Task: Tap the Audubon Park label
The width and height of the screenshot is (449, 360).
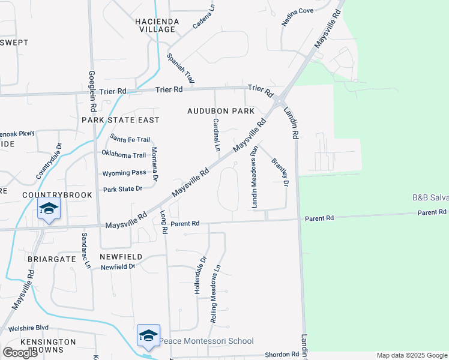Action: click(x=221, y=111)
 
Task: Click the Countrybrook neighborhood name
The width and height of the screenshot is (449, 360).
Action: click(x=57, y=195)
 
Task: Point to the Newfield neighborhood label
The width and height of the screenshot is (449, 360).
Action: click(x=121, y=257)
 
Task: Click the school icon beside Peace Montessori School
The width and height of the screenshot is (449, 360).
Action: click(x=148, y=335)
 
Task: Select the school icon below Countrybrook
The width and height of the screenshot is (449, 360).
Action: click(x=49, y=208)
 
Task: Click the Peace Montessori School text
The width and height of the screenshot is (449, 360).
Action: click(x=206, y=341)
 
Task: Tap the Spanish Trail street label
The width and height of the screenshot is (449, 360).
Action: click(x=181, y=68)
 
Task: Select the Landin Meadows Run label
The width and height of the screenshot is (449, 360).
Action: click(x=255, y=177)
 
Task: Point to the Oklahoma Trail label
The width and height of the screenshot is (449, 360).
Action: click(x=124, y=155)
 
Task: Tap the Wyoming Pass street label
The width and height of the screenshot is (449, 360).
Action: click(x=124, y=172)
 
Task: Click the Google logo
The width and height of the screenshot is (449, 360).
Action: click(x=20, y=353)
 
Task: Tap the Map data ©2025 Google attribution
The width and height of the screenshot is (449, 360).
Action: click(x=412, y=355)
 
